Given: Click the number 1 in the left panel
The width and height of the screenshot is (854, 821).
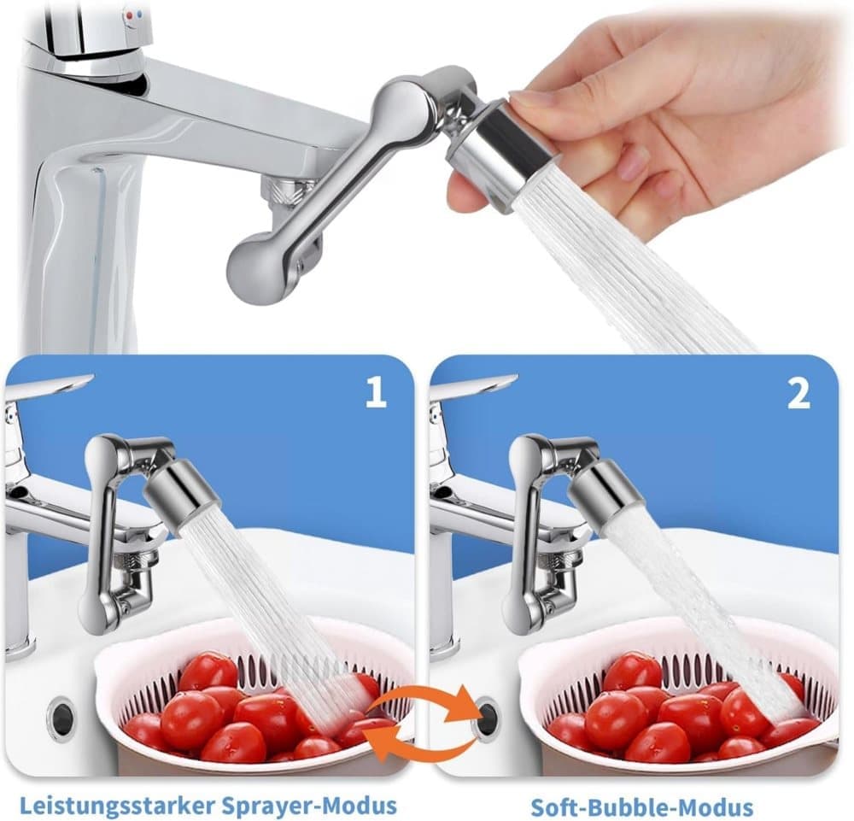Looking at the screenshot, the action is pos(375,393).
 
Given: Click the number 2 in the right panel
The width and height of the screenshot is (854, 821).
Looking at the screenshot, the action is pos(798,393).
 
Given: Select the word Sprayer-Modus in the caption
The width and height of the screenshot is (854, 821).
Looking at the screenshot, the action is pos(309,804).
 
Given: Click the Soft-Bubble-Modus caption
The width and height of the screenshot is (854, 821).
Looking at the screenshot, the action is pos(641,806).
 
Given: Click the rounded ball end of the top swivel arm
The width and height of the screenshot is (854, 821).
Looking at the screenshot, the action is pos(252,267).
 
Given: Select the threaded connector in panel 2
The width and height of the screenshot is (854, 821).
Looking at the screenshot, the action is pos(564,560).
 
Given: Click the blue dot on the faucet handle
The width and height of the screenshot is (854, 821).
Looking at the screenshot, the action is pos(141,15).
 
